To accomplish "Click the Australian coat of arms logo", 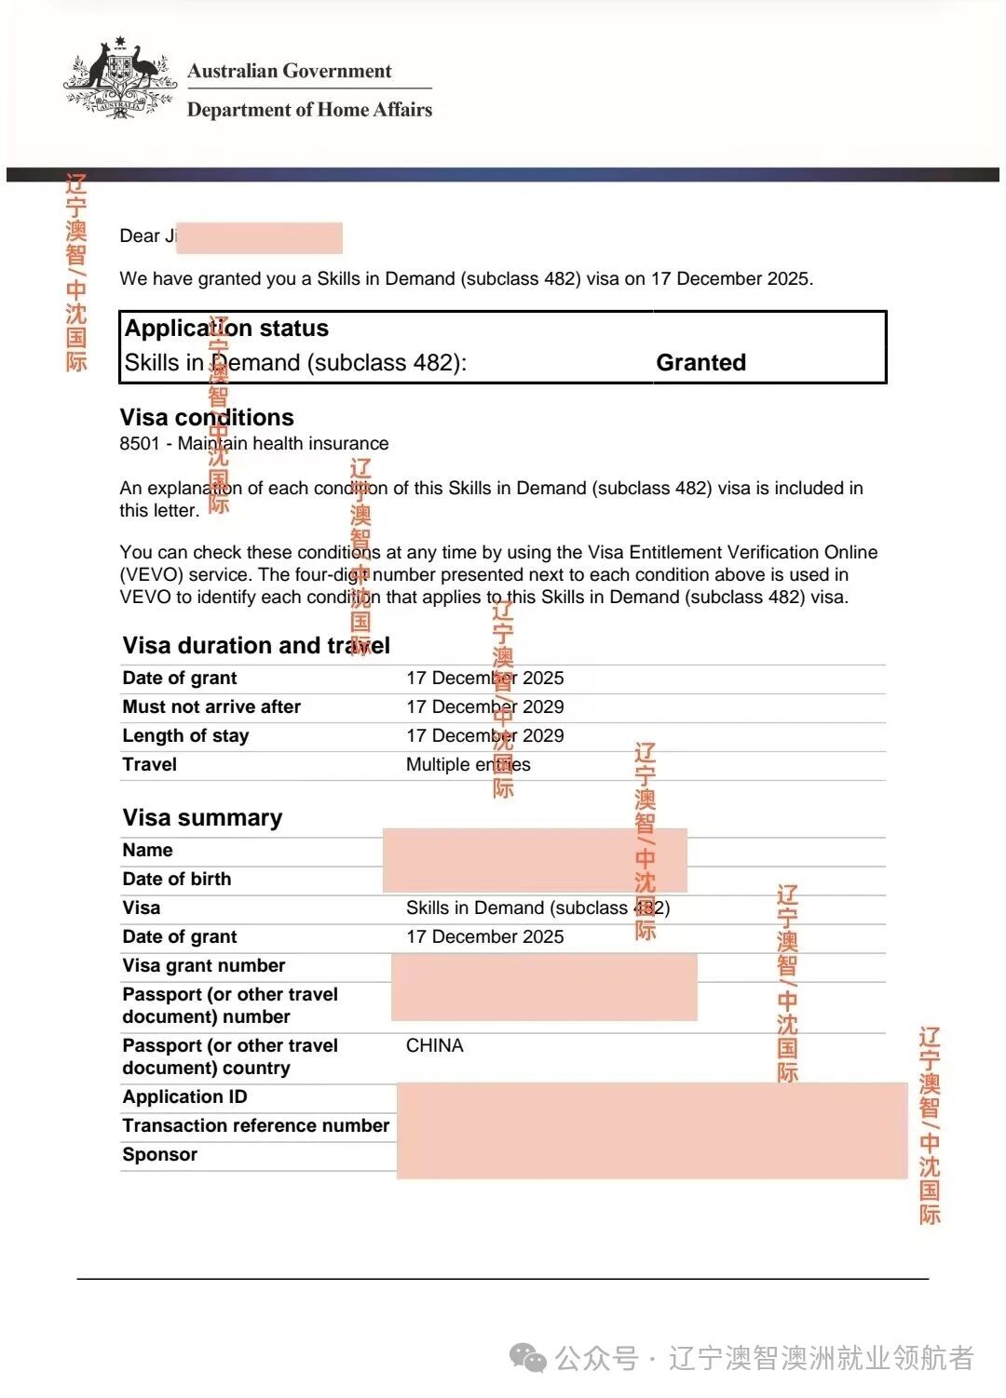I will click(120, 79).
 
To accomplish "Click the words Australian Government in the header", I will click(289, 71).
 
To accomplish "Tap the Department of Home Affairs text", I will click(309, 110).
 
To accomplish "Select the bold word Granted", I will click(700, 362).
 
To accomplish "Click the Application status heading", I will click(226, 329).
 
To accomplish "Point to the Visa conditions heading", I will click(207, 417).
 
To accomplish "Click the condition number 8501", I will click(140, 444).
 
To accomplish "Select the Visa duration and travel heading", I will click(256, 645).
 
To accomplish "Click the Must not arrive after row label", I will click(211, 706).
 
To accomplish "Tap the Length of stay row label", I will click(185, 735).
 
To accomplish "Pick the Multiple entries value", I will click(468, 764).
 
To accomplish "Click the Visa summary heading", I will click(202, 817).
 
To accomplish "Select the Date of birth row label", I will click(177, 879).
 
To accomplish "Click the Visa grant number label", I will click(204, 965).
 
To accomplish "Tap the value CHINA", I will click(434, 1045).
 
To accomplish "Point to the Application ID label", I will click(184, 1096).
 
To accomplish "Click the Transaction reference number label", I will click(255, 1125).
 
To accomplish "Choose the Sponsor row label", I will click(159, 1154).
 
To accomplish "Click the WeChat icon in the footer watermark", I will click(528, 1358).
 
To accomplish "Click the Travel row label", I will click(149, 764).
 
